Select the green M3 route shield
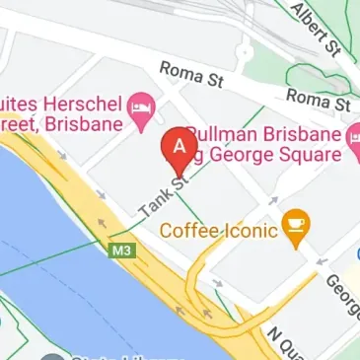[x=118, y=252]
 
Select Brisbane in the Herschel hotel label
[x=86, y=124]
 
